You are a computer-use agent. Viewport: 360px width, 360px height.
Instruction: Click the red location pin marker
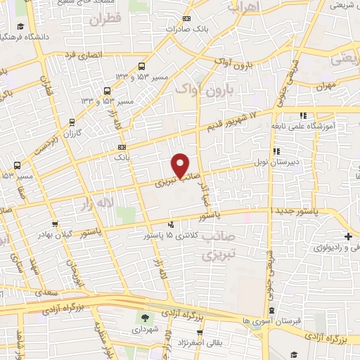click(x=181, y=165)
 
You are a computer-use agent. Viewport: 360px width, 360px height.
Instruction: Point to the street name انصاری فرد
click(x=82, y=55)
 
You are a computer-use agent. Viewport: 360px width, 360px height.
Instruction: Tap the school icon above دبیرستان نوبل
click(x=276, y=151)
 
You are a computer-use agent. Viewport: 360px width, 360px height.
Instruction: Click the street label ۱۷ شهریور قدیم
click(x=233, y=120)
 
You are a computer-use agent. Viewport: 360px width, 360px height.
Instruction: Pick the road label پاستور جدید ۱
click(x=297, y=210)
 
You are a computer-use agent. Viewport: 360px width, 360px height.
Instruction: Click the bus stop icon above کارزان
click(x=74, y=122)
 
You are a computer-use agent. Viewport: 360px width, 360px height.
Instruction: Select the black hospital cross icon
click(x=349, y=236)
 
